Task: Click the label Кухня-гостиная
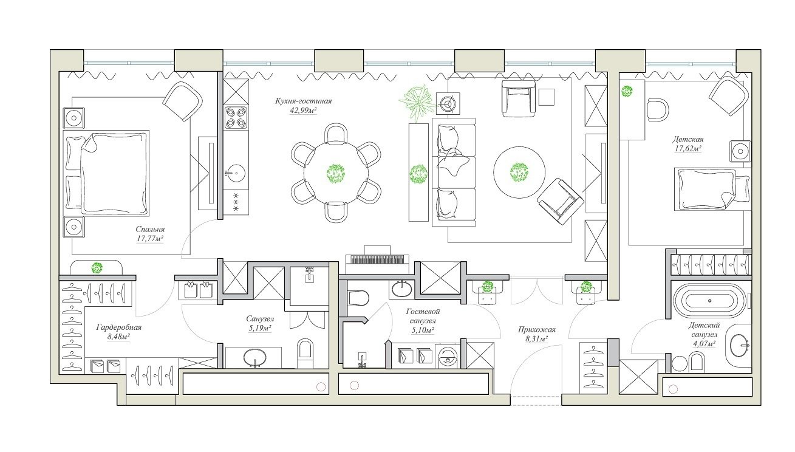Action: [304, 101]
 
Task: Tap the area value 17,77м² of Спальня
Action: [150, 239]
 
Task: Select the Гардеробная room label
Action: [118, 327]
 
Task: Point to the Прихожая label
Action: [537, 330]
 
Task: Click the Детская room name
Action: [688, 140]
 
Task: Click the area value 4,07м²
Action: [704, 344]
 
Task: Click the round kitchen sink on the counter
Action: [235, 174]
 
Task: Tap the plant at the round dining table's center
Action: [336, 174]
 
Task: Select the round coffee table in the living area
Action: [519, 173]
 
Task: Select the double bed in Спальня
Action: [106, 173]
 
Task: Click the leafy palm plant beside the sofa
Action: [417, 101]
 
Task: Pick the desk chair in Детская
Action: [658, 110]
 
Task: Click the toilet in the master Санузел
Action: [305, 352]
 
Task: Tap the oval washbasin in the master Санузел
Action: [255, 357]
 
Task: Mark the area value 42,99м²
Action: [303, 111]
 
